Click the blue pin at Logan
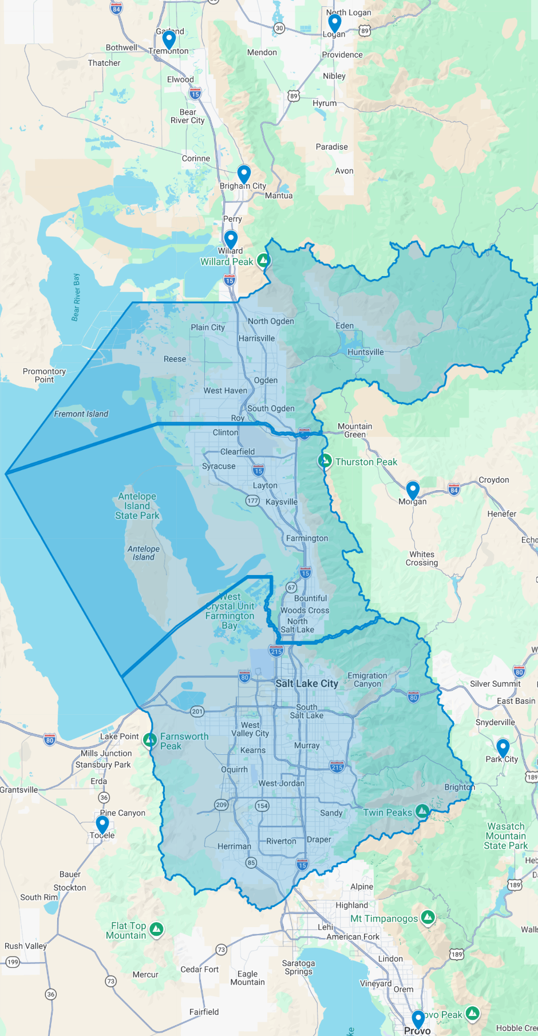tap(334, 23)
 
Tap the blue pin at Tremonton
tap(169, 40)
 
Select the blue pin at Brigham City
tap(244, 174)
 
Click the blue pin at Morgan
tap(413, 490)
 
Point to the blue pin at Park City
tap(503, 747)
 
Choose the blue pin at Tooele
tap(102, 824)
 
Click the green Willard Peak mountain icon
tap(263, 261)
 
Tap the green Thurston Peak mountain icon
tap(325, 460)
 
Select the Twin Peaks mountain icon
tap(422, 811)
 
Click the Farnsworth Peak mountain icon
tap(150, 740)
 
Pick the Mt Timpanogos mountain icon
tap(428, 917)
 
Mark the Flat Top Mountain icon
tap(156, 929)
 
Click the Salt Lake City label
tap(307, 683)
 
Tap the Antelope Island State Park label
tap(137, 506)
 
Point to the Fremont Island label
tap(81, 414)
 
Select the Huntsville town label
tap(366, 352)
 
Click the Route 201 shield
tap(197, 711)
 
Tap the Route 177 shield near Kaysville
tap(252, 501)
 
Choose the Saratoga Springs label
tap(298, 967)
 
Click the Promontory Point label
tap(44, 375)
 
